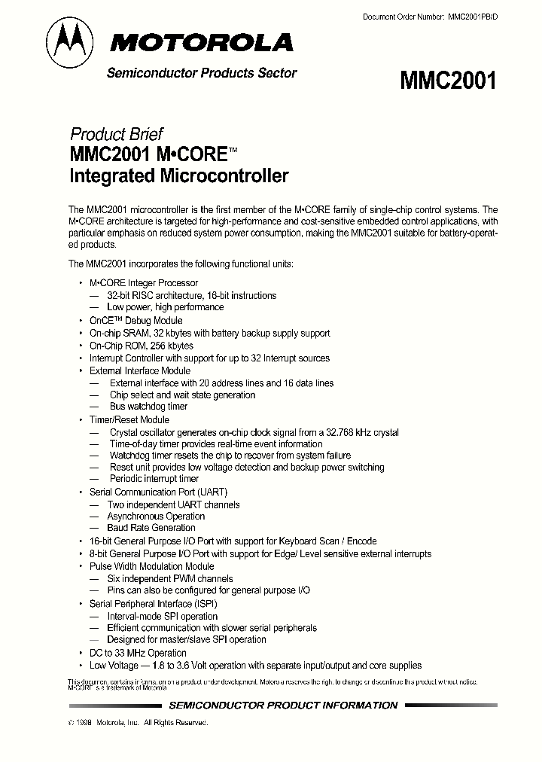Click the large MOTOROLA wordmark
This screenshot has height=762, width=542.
[202, 43]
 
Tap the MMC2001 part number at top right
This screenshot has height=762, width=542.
[449, 80]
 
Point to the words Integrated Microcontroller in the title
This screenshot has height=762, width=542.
[178, 177]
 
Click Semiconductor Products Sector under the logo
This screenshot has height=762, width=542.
[202, 73]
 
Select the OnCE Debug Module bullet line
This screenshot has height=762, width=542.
[135, 320]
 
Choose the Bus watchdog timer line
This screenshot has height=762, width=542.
[148, 407]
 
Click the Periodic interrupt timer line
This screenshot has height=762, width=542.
[154, 478]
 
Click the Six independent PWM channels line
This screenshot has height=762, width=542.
[170, 578]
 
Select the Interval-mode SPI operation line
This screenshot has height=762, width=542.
[162, 616]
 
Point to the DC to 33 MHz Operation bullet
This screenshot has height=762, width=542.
[138, 653]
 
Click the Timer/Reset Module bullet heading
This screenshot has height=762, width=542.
[129, 419]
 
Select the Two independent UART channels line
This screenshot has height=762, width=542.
[173, 504]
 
